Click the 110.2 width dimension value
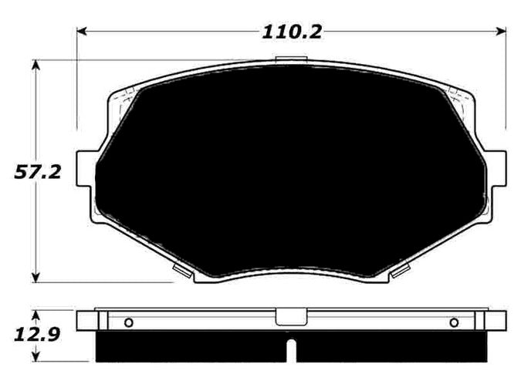pyautogui.click(x=291, y=32)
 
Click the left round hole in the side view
pyautogui.click(x=128, y=322)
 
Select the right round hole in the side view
pyautogui.click(x=454, y=322)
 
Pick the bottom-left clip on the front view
pyautogui.click(x=181, y=270)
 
